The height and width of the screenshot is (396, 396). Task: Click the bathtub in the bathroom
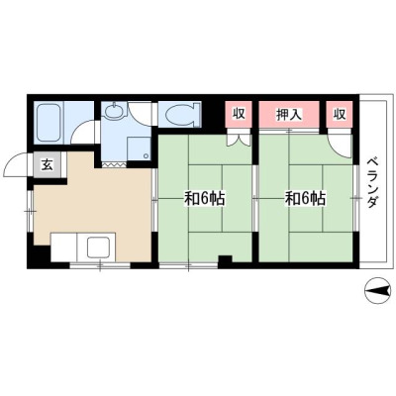[49, 123]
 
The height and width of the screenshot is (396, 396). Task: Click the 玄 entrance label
[48, 165]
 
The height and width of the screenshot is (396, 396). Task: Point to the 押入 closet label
[289, 114]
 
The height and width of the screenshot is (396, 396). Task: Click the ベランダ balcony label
[372, 183]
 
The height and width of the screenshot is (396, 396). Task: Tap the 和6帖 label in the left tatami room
[204, 199]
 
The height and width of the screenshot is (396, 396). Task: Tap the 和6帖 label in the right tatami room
[305, 199]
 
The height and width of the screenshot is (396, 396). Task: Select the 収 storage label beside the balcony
[340, 114]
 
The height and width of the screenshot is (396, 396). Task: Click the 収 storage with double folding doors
[239, 114]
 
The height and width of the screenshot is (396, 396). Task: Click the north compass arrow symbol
[377, 291]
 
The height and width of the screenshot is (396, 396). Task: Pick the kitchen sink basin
[99, 247]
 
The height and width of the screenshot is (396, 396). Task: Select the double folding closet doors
[239, 139]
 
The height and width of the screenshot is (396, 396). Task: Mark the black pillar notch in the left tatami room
[226, 259]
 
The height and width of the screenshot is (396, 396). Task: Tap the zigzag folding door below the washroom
[114, 164]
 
